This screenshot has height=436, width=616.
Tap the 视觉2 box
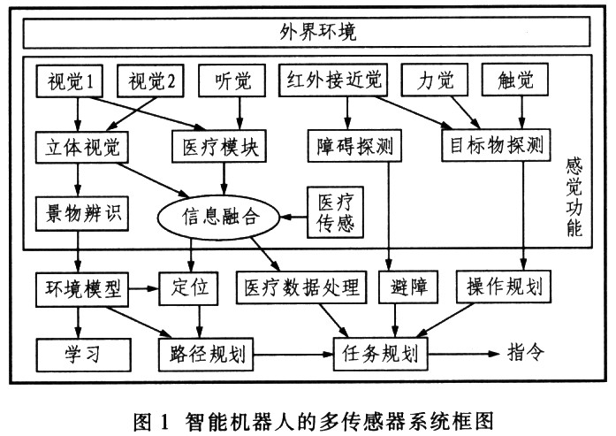tap(149, 83)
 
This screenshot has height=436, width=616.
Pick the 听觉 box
tap(232, 83)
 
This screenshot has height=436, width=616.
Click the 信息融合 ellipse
tap(217, 215)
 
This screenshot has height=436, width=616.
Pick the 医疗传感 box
tap(333, 215)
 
